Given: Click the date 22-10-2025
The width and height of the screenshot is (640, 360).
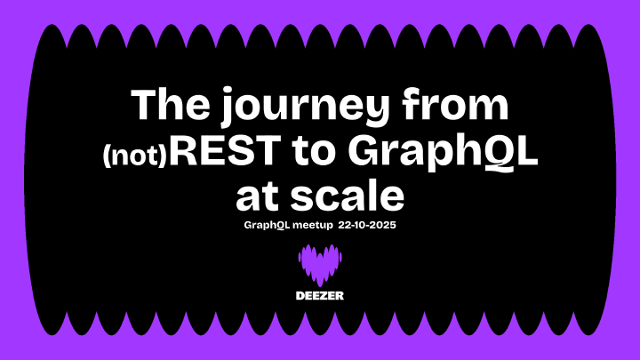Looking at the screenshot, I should pyautogui.click(x=366, y=226).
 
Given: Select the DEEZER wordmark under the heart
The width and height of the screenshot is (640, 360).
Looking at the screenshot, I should pyautogui.click(x=320, y=295).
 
